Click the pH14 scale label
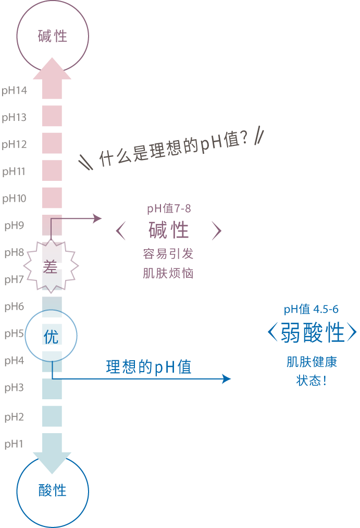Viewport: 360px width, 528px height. tap(14, 91)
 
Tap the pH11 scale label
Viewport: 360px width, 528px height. tap(14, 171)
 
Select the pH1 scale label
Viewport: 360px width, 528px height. tap(14, 444)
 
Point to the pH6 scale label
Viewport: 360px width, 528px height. tap(14, 306)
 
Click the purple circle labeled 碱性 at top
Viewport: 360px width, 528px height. tap(53, 36)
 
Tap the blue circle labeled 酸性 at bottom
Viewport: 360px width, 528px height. tap(53, 490)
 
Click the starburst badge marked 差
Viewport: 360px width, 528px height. tap(51, 266)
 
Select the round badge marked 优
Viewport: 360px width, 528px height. tap(51, 336)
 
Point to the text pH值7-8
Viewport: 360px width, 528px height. tap(169, 208)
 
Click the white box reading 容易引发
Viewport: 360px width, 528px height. tap(168, 254)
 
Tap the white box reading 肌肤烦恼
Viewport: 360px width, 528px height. tap(168, 273)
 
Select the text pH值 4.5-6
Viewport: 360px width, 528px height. tap(311, 310)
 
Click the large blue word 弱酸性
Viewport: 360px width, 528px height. tap(312, 333)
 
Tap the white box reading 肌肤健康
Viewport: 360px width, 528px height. tap(312, 362)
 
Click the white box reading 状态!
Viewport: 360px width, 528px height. tap(311, 381)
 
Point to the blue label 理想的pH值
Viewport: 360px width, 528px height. tap(149, 367)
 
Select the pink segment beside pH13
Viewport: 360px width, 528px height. tap(52, 116)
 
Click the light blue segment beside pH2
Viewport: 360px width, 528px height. tap(52, 416)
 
